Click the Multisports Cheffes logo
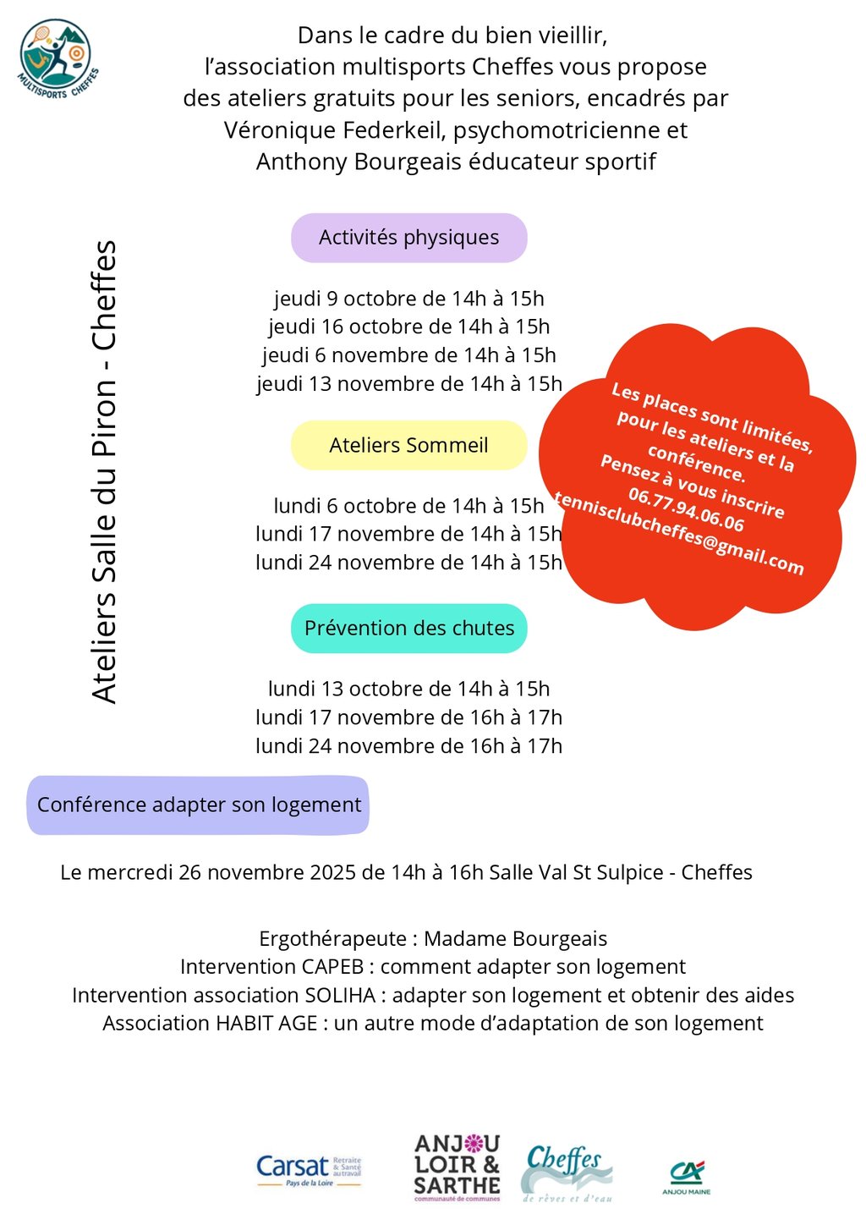point(57,59)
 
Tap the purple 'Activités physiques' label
point(408,238)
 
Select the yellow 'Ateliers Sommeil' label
point(408,445)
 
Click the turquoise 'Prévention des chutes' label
point(408,629)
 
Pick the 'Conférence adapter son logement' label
point(199,805)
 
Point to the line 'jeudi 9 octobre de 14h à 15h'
point(408,299)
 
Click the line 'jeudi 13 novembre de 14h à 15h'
point(408,384)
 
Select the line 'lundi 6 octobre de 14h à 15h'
point(408,506)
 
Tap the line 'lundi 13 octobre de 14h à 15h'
point(408,689)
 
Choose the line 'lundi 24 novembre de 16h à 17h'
point(408,746)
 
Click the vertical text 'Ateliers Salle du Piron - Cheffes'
point(104,471)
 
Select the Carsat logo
point(309,1170)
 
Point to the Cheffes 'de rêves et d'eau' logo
point(567,1172)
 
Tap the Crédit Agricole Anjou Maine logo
point(686,1177)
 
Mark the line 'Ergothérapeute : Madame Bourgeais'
point(433,939)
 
